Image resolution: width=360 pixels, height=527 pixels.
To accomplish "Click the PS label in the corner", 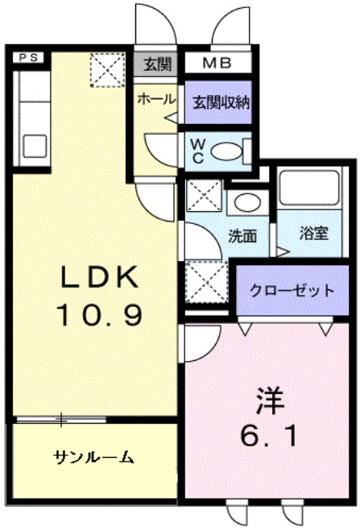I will (28, 57).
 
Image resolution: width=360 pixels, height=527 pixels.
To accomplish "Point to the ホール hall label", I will (155, 99).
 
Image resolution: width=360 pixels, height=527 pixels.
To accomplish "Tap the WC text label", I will (196, 151).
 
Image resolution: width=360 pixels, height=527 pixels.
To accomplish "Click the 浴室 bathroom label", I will (313, 234).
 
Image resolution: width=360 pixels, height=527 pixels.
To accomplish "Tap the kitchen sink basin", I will (35, 146).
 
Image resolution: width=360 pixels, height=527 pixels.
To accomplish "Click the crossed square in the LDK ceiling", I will (106, 69).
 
